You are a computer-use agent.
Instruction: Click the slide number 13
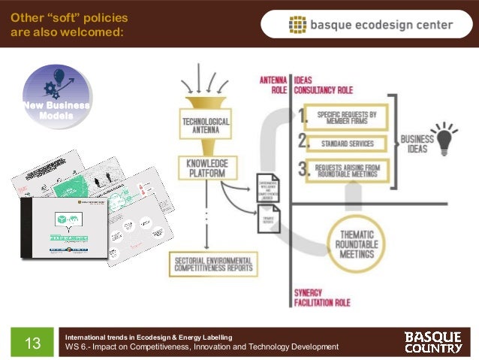32,343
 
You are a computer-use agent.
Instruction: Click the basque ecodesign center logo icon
298,25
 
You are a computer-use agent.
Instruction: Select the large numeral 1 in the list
303,116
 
